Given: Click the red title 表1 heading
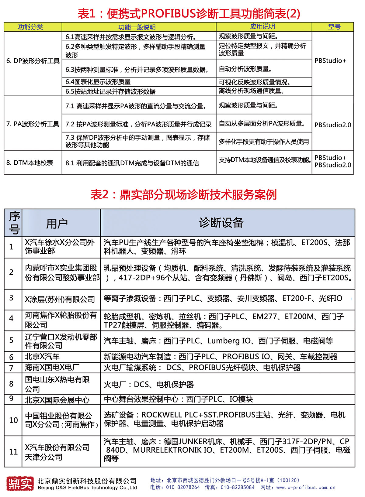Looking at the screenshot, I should pyautogui.click(x=189, y=14).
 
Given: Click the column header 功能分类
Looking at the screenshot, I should pyautogui.click(x=30, y=27).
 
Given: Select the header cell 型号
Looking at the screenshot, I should pyautogui.click(x=334, y=27).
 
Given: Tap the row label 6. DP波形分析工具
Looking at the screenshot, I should pyautogui.click(x=33, y=61).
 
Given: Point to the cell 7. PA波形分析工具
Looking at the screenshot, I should pyautogui.click(x=33, y=124).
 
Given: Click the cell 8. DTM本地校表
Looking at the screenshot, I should pyautogui.click(x=30, y=163).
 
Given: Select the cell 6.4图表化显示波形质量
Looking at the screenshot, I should pyautogui.click(x=98, y=82).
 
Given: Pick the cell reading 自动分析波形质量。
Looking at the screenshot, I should pyautogui.click(x=245, y=69).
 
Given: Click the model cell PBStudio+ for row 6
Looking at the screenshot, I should pyautogui.click(x=330, y=61).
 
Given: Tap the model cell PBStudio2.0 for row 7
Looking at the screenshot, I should pyautogui.click(x=333, y=125).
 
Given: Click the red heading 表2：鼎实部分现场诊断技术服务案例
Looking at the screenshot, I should pyautogui.click(x=183, y=195).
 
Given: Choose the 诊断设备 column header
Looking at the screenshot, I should pyautogui.click(x=221, y=223).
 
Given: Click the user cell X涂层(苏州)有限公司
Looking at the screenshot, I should pyautogui.click(x=60, y=300).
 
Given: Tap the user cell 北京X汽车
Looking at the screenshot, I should pyautogui.click(x=42, y=357).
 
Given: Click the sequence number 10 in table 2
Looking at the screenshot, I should pyautogui.click(x=13, y=420).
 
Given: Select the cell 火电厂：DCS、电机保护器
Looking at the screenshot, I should pyautogui.click(x=149, y=385).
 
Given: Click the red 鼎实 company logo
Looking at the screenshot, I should pyautogui.click(x=20, y=483).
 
